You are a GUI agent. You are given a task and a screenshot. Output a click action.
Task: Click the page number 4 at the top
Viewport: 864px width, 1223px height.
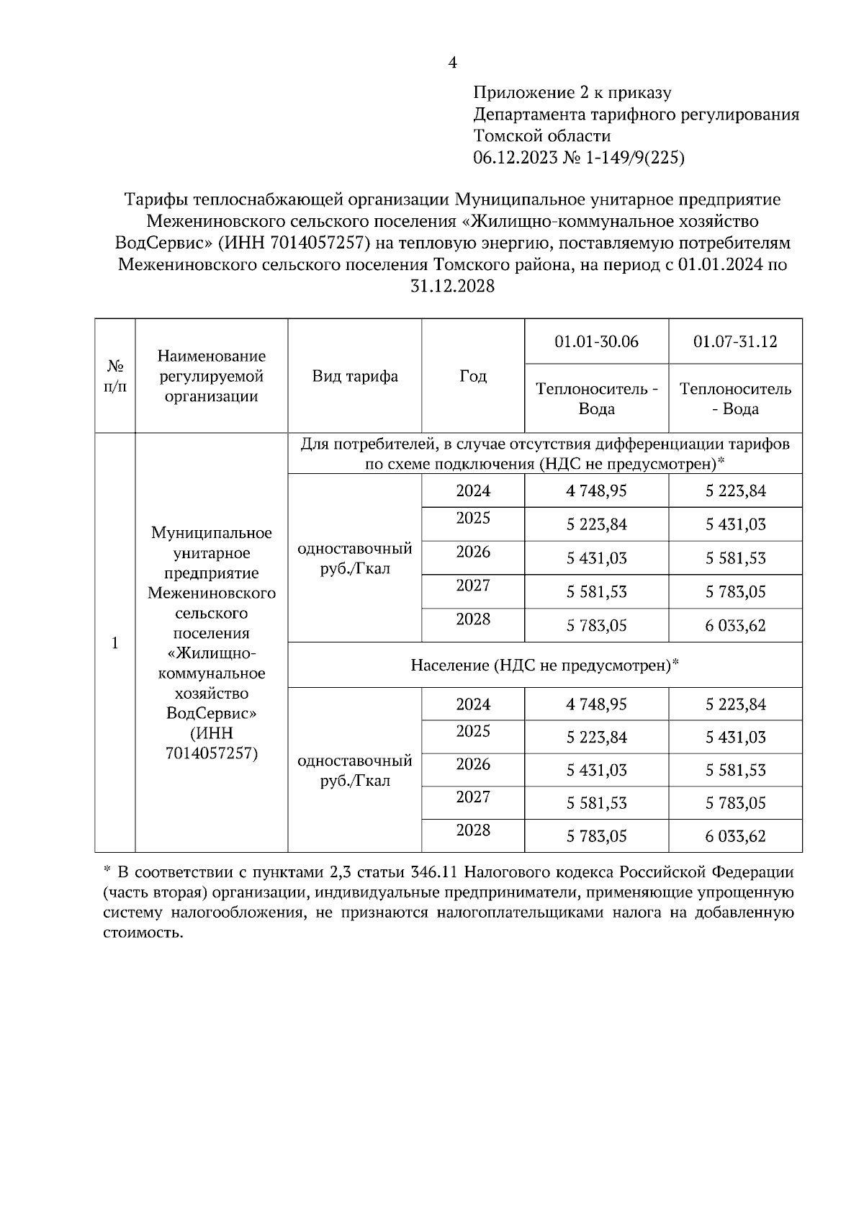(x=452, y=63)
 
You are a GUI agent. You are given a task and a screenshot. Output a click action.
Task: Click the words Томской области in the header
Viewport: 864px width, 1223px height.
(x=542, y=136)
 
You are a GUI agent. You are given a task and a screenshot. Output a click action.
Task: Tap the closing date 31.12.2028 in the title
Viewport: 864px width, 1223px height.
(x=452, y=286)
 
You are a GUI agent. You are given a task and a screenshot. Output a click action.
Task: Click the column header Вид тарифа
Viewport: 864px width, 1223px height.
(x=355, y=376)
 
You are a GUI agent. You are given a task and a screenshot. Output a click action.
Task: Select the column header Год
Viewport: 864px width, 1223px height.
(x=473, y=376)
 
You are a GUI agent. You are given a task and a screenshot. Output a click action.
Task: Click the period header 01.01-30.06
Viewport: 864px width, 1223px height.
(x=596, y=341)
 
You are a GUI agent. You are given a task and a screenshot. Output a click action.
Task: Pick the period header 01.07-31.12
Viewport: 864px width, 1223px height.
(x=735, y=341)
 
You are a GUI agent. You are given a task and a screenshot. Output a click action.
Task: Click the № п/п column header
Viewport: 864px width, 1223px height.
(x=115, y=376)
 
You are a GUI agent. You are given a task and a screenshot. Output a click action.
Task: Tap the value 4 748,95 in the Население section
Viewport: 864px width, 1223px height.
(x=596, y=704)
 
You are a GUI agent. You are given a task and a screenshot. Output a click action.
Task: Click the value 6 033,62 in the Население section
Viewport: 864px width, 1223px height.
(x=735, y=836)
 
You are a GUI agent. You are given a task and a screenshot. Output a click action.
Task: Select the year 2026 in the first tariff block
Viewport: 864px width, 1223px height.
(x=473, y=552)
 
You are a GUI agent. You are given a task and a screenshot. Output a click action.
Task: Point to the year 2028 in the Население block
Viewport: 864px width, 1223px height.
(x=473, y=830)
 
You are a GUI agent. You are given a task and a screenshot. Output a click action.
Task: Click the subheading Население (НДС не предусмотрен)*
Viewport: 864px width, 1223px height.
(x=545, y=665)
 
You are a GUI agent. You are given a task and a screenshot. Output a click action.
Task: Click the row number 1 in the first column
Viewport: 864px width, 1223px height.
(x=115, y=642)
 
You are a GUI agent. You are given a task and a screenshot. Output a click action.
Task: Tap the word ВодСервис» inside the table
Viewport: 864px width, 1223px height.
(x=212, y=713)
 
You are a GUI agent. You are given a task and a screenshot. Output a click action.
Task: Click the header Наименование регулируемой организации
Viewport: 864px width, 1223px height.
(x=212, y=376)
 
